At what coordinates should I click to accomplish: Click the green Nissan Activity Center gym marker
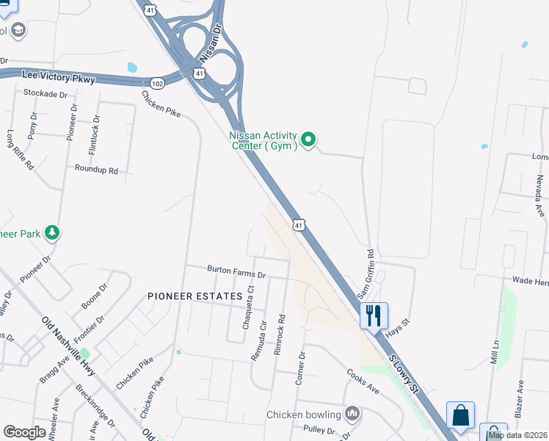(309, 139)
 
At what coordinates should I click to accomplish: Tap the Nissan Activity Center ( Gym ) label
(263, 140)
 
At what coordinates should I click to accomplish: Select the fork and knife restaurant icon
(374, 315)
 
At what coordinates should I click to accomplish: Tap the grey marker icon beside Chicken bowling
(353, 414)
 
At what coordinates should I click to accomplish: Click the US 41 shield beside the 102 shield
(199, 73)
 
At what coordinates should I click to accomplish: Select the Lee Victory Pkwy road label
(59, 76)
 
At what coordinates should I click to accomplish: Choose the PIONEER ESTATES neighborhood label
(194, 295)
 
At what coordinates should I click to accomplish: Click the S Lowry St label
(403, 373)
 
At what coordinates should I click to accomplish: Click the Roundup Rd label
(96, 169)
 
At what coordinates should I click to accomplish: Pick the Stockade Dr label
(45, 93)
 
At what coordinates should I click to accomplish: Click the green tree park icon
(52, 234)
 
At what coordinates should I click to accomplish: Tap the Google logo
(24, 432)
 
